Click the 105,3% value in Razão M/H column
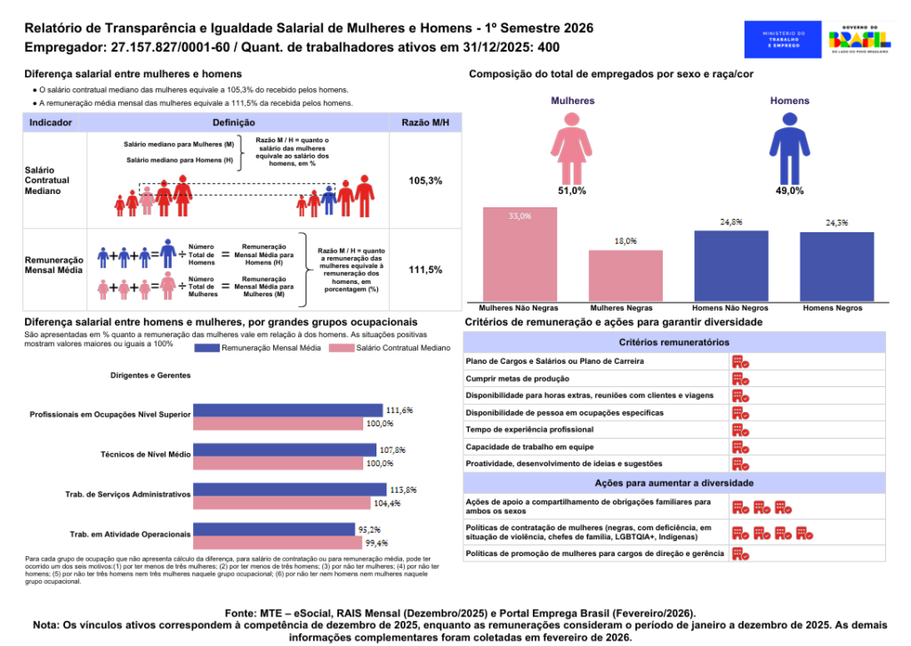pos(425,181)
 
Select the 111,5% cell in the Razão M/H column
pos(425,270)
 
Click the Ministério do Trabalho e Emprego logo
pos(783,41)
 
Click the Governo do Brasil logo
pos(859,41)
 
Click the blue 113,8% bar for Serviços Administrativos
pos(290,490)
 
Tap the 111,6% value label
pos(399,410)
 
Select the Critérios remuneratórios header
pos(674,343)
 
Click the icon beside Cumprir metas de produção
pos(739,378)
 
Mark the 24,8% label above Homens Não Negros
pos(730,222)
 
